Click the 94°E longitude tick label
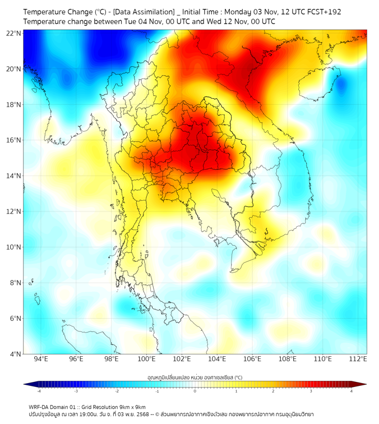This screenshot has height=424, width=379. click(x=41, y=359)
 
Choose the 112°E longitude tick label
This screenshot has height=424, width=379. click(x=358, y=359)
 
